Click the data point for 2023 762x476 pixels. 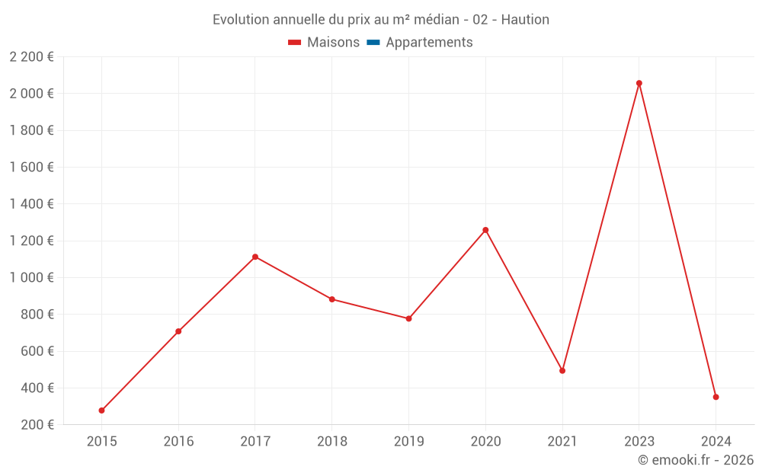pos(639,83)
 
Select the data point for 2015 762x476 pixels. pos(101,411)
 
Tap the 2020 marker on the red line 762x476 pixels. pos(485,230)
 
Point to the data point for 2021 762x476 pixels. pos(562,371)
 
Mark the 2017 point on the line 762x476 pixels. pos(255,257)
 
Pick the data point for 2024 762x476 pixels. pos(716,397)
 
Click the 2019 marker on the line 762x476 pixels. pos(408,318)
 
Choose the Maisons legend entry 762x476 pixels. pos(333,43)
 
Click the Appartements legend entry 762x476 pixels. pos(429,43)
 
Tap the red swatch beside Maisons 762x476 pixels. pos(295,43)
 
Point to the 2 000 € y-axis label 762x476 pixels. pos(31,94)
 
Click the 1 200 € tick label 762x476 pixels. pos(31,241)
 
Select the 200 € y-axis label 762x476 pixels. pos(36,425)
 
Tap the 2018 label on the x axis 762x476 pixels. pos(331,441)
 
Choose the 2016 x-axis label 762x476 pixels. pos(178,441)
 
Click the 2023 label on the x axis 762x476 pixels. pos(639,441)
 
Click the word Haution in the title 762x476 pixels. pos(526,20)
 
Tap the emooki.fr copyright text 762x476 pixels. pos(695,460)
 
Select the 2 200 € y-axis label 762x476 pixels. pos(31,57)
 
